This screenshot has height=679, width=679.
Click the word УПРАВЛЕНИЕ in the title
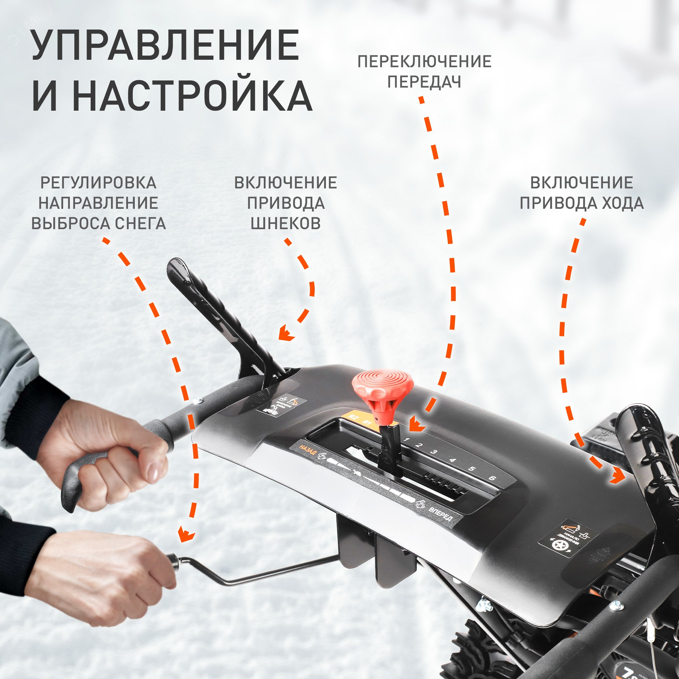[165, 46]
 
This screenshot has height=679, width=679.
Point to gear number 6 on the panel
[492, 478]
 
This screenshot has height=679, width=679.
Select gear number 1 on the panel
[407, 439]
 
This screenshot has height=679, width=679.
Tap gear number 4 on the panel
[453, 460]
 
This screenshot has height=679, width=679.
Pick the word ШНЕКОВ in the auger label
[286, 223]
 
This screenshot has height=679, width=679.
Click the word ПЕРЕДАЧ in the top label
[424, 82]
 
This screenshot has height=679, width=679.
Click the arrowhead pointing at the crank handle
[186, 544]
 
